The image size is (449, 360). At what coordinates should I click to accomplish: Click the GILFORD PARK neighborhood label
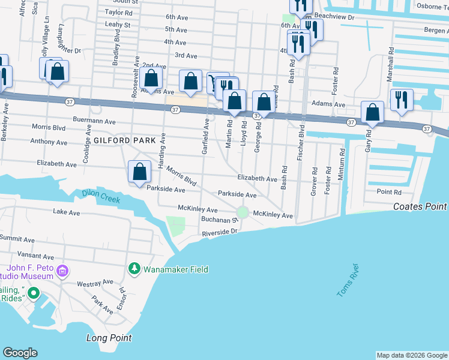124,139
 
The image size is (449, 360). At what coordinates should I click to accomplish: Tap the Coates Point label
420,206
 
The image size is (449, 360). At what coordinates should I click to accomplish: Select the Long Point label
109,338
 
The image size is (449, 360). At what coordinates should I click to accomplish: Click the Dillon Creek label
101,196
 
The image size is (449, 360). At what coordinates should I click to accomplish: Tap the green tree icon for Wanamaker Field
135,269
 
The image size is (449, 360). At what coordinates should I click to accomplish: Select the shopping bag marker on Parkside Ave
140,172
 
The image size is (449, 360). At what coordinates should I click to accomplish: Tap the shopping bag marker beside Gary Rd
373,112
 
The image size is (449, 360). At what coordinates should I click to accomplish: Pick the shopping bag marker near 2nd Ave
152,79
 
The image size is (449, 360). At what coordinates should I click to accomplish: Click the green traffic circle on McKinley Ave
243,212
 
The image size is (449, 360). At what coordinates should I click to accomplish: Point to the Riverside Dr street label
220,232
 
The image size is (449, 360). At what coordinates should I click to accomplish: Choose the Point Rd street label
388,192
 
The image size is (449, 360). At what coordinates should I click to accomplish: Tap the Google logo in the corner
20,353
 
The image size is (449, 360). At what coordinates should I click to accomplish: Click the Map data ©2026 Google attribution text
412,355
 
